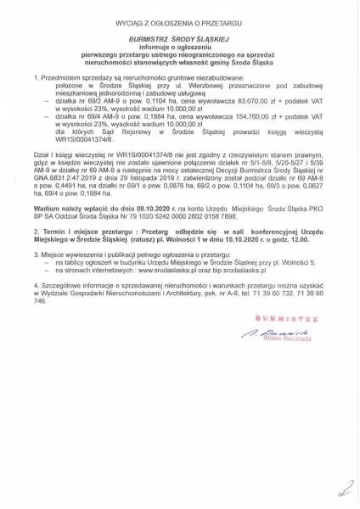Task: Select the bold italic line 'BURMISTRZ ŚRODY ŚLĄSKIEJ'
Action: coord(180,38)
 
